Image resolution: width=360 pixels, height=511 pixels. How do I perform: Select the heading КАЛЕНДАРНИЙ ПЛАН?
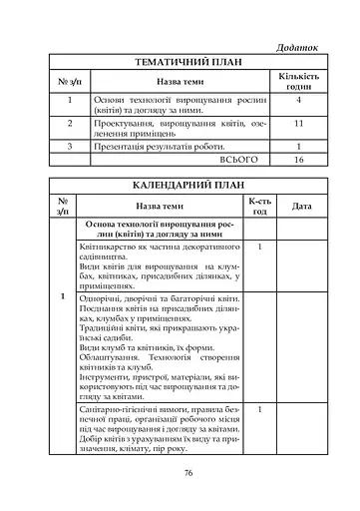click(x=180, y=186)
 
